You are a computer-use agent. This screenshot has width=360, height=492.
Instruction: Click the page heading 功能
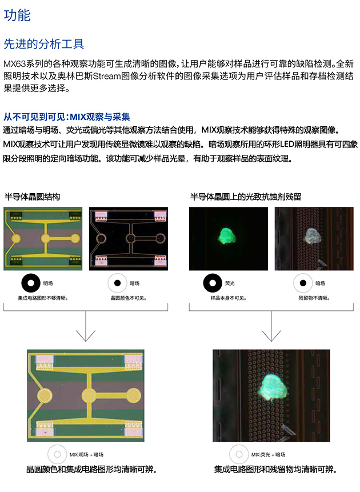pos(17,15)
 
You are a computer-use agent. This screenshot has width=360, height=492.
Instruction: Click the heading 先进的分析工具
pos(43,44)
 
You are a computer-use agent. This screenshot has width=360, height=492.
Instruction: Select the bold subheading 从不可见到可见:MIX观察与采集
pos(66,117)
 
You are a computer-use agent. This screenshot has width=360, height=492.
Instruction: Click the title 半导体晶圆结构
pos(32,197)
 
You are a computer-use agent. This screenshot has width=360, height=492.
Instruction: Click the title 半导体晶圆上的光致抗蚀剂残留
pos(246,197)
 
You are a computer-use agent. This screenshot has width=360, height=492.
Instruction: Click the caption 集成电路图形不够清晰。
pos(43,298)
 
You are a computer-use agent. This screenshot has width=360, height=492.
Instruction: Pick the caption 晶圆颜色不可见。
pos(129,298)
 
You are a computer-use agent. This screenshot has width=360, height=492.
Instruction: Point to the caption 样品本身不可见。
pos(229,298)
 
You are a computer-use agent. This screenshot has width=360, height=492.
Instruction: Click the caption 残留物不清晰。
pos(314,298)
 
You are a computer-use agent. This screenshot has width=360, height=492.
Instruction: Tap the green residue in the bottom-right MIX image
pos(272,387)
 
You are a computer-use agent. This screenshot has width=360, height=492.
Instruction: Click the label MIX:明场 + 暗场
pos(86,454)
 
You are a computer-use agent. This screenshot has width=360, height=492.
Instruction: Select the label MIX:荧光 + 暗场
pos(268,454)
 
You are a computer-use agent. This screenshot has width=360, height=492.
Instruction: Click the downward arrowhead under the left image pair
pos(86,336)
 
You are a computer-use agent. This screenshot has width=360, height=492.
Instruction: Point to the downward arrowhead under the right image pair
pos(271,336)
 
